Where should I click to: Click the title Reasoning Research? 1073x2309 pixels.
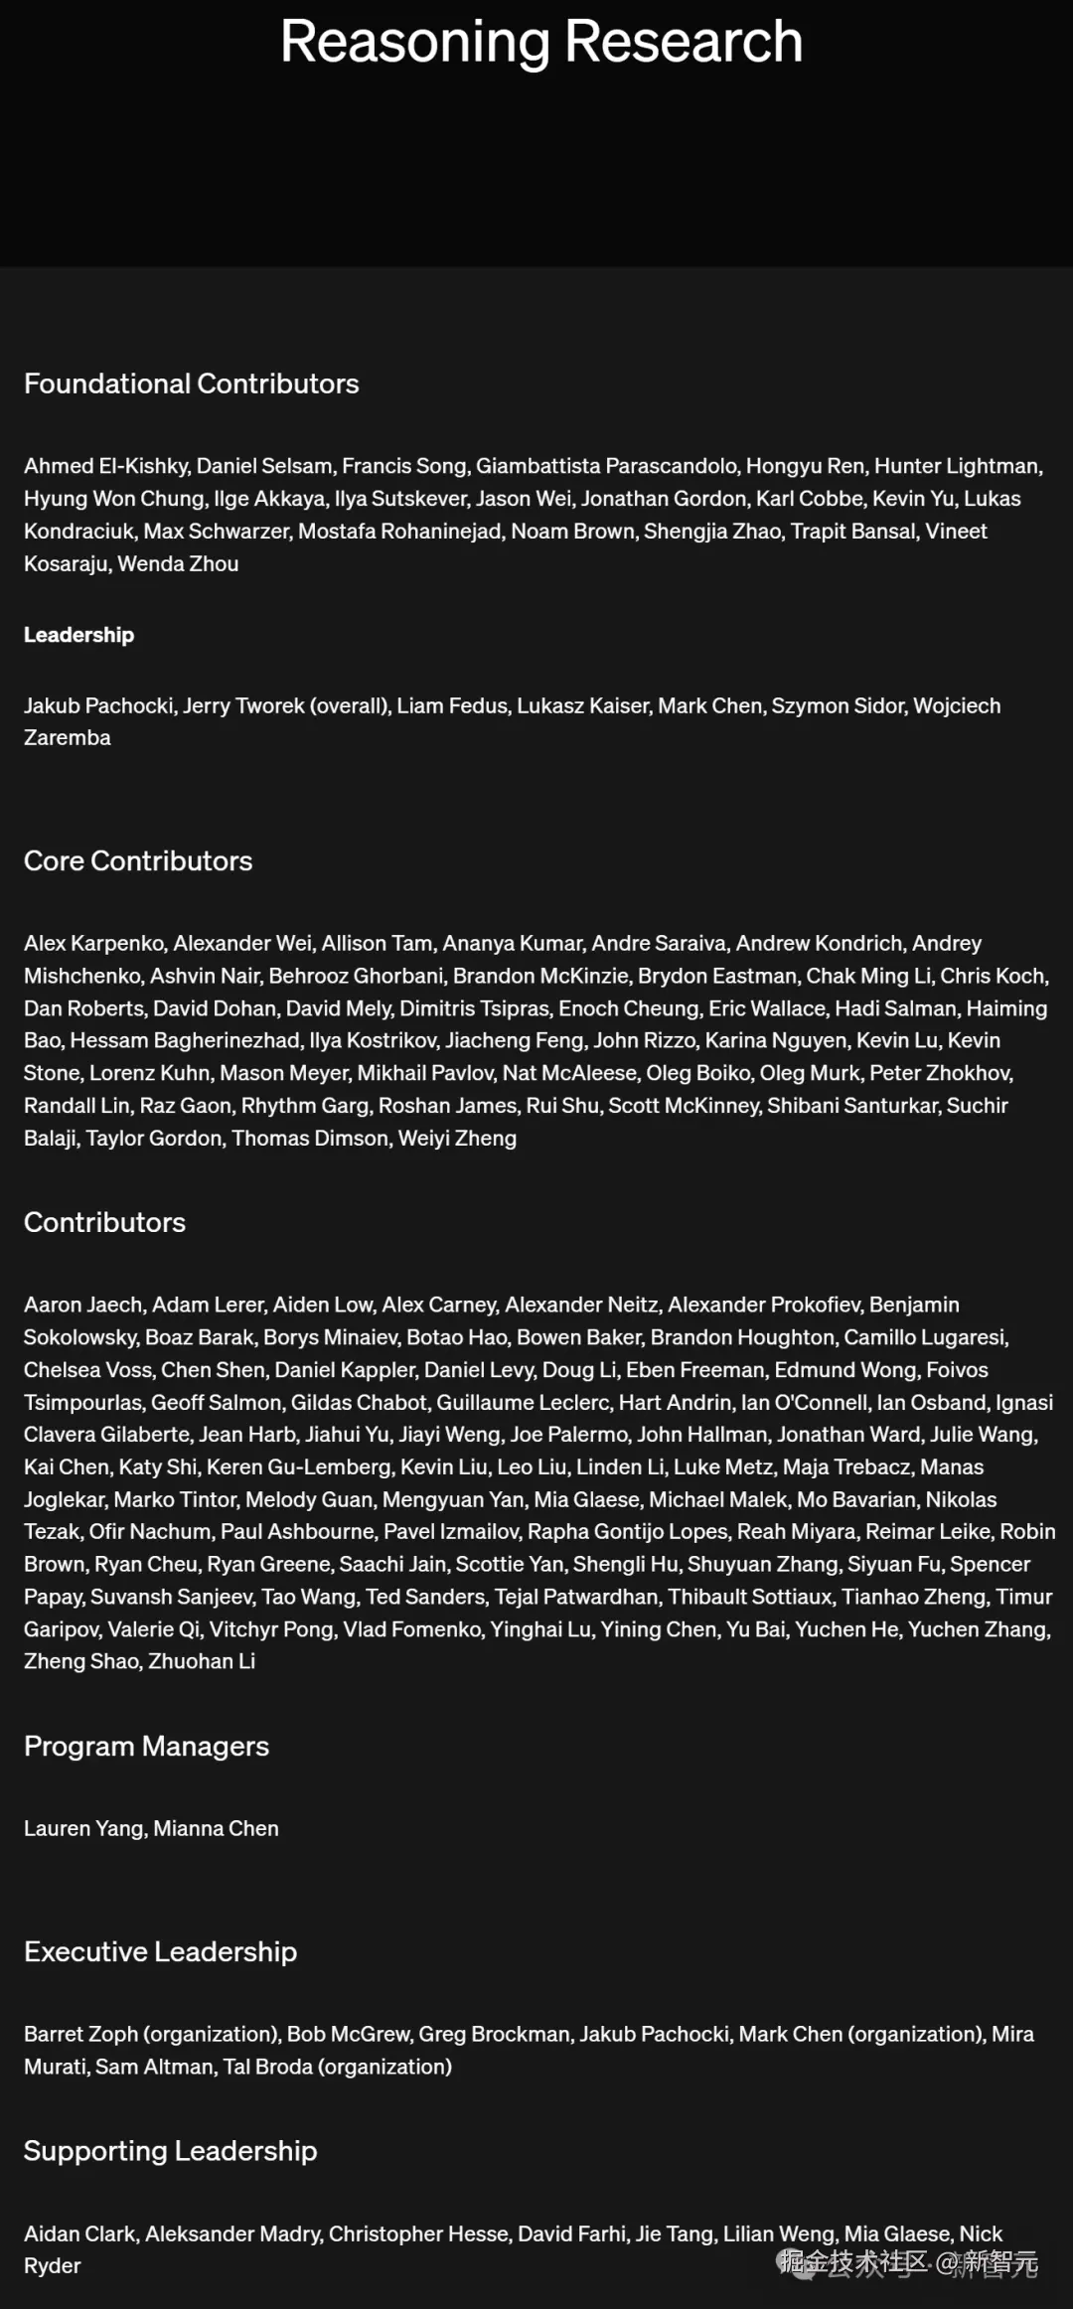coord(541,42)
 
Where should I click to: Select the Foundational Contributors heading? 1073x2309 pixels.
coord(191,384)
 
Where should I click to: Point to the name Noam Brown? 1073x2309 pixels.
coord(572,532)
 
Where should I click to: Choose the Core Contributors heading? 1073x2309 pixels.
coord(138,860)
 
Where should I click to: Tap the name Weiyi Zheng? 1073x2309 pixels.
coord(457,1139)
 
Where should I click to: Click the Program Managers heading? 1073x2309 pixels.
coord(146,1746)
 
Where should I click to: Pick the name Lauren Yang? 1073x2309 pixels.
coord(83,1828)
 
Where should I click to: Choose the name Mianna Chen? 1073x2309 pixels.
coord(216,1828)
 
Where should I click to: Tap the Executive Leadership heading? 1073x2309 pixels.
coord(160,1951)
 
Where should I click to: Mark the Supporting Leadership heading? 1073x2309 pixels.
coord(170,2150)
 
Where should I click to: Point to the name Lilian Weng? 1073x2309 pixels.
coord(779,2233)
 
